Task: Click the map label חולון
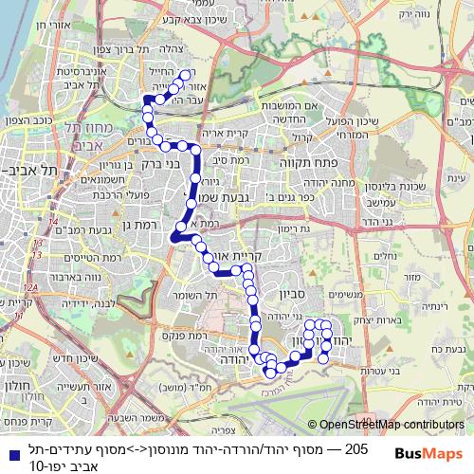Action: (x=20, y=387)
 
